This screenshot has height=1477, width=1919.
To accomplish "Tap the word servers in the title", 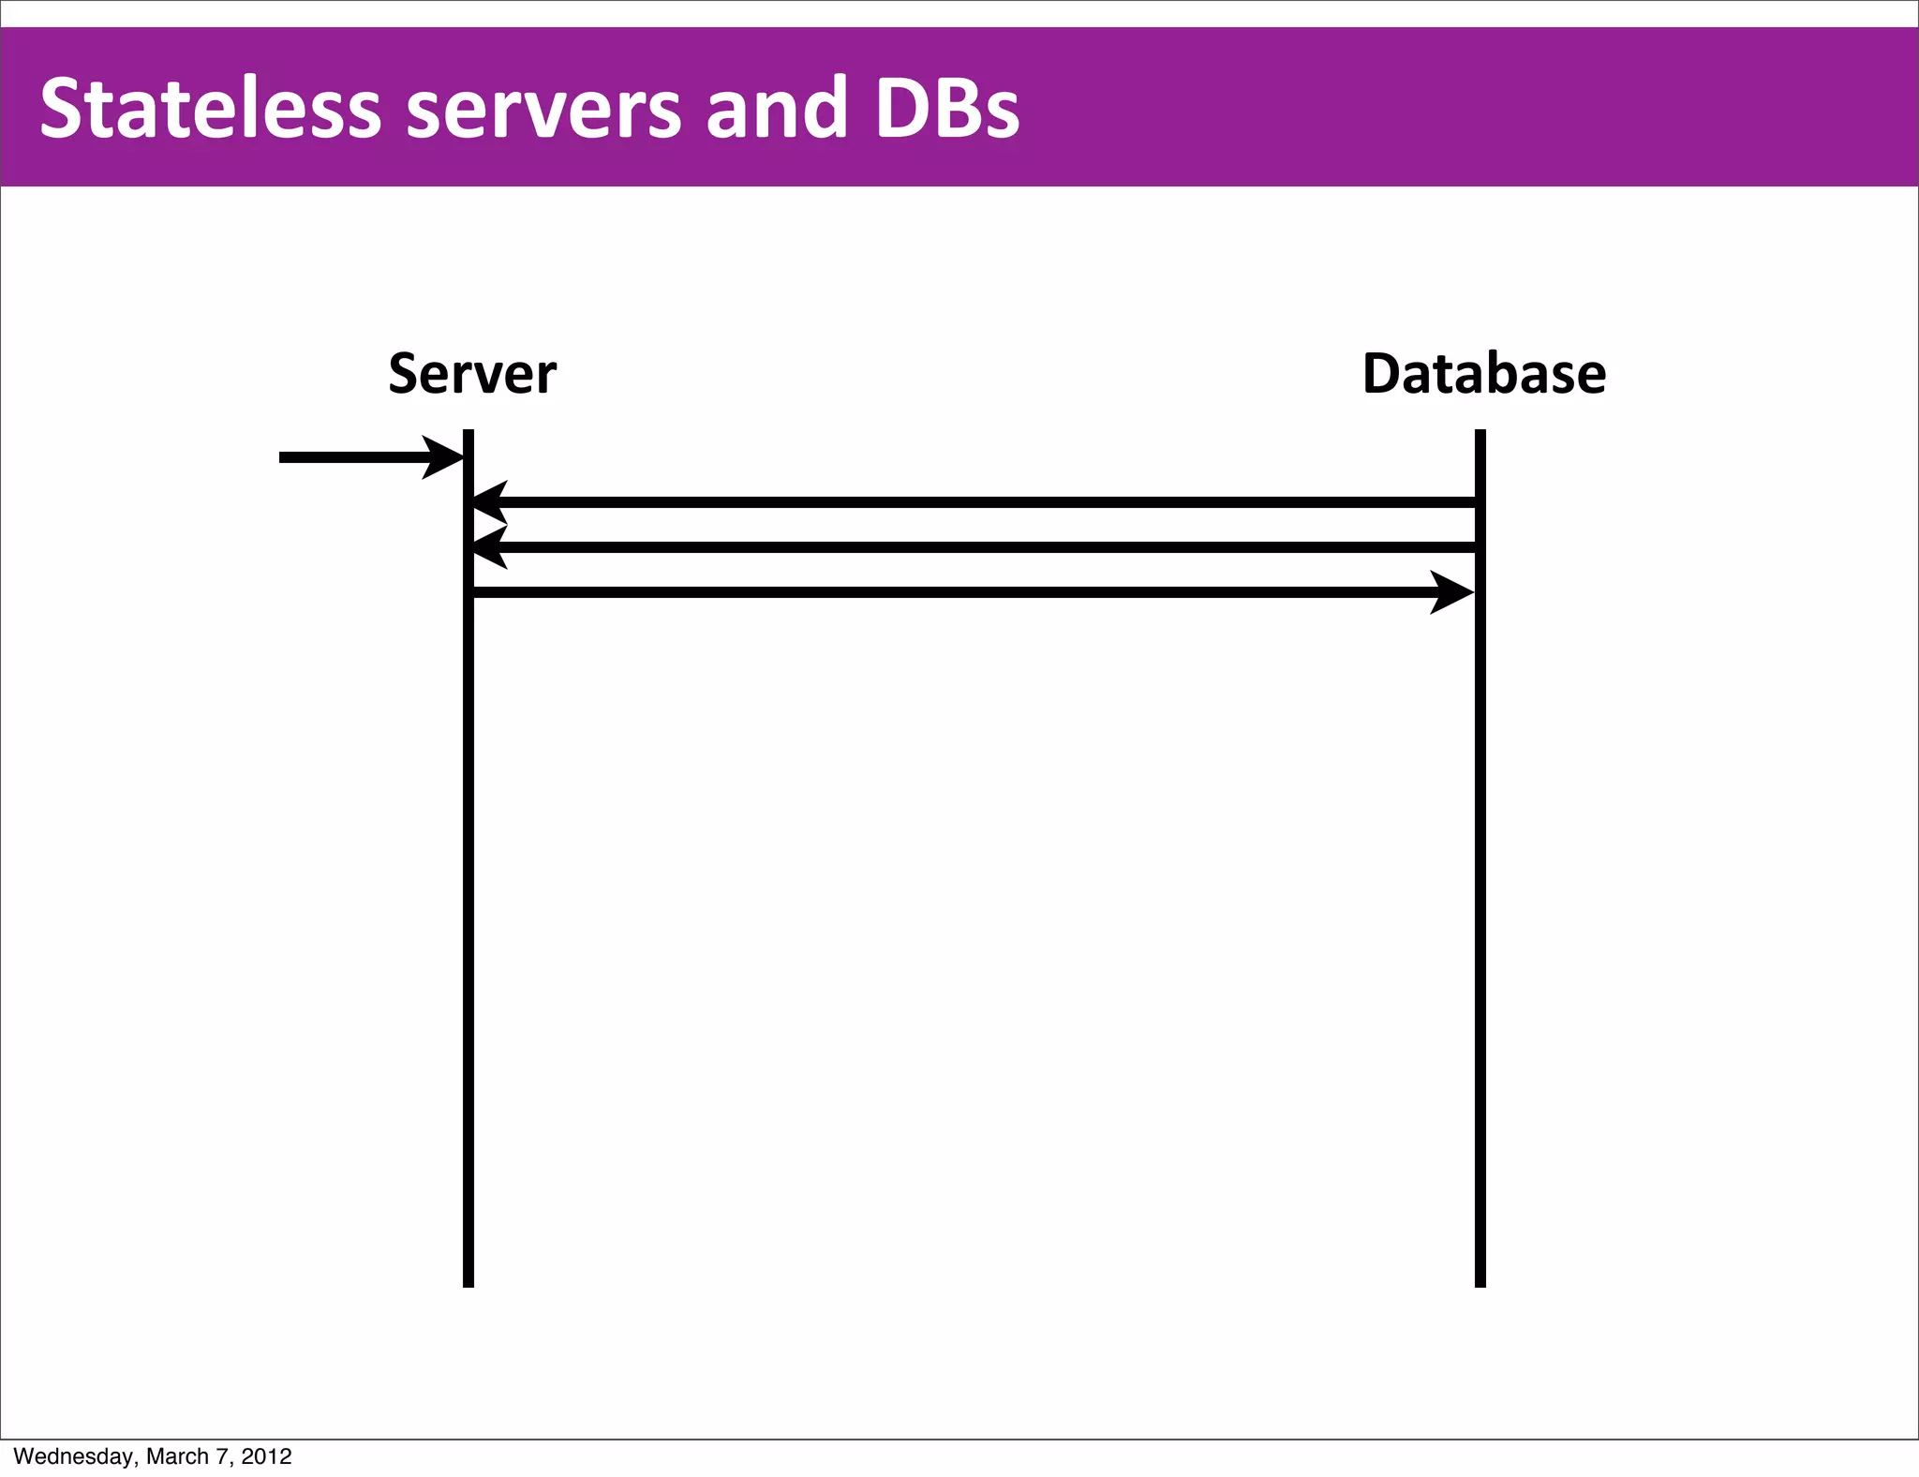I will coord(543,109).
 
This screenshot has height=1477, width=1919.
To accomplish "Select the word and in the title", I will coord(777,109).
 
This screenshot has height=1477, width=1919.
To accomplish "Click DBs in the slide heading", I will coord(946,109).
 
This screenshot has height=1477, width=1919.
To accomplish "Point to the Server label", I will coord(472,374).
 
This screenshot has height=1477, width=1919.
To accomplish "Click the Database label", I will coord(1483,374).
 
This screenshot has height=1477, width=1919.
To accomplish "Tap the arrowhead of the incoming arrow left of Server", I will coord(444,457).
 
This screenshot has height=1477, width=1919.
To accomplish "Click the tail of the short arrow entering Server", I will coord(284,457).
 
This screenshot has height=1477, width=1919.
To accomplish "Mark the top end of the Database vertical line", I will coord(1480,434).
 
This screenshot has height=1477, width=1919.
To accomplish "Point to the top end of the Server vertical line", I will coord(469,434).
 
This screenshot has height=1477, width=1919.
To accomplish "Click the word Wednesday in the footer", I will coord(74,1456).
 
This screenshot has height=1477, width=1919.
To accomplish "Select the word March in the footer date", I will coord(177,1456).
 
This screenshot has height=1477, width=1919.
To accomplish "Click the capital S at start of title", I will coord(61,109).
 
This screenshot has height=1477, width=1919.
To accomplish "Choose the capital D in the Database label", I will coord(1381,374).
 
